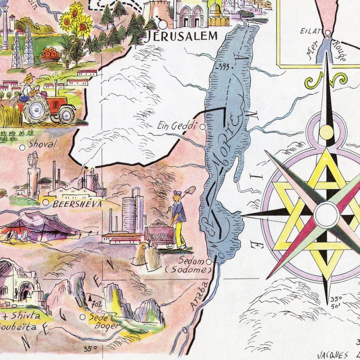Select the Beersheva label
(x=77, y=204)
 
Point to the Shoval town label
(x=42, y=144)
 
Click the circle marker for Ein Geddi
(x=203, y=127)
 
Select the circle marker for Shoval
(x=22, y=147)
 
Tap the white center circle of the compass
(x=326, y=214)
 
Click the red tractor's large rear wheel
(x=36, y=109)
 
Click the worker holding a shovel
(x=179, y=218)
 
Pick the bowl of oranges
(x=50, y=55)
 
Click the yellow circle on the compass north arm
(x=326, y=132)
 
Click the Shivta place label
(x=25, y=316)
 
